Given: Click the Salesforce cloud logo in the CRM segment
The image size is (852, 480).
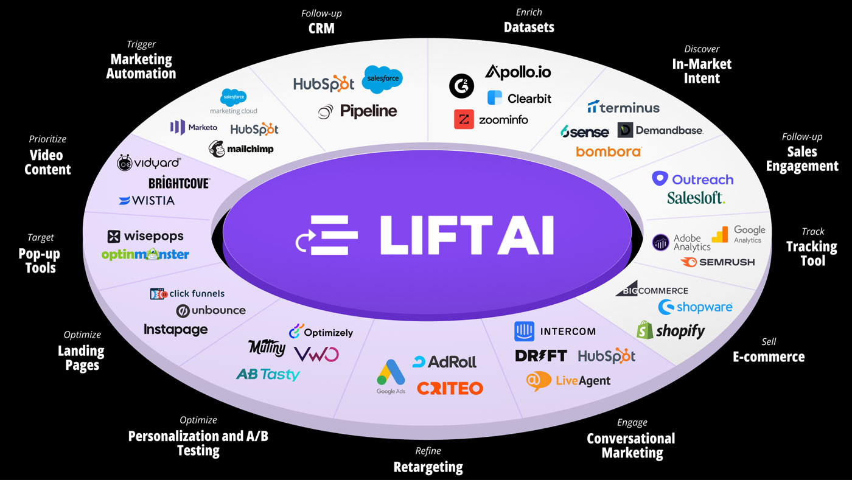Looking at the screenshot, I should click(x=382, y=80).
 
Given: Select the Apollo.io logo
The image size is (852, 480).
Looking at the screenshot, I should click(x=518, y=72).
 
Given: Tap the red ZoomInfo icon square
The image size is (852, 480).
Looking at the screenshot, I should click(x=464, y=119).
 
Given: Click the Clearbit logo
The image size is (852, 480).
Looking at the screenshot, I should click(x=519, y=98).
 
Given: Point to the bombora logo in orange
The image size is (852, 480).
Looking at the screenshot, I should click(x=609, y=151).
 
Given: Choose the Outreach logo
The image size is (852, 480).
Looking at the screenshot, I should click(x=693, y=179).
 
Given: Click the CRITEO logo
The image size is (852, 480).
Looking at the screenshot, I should click(x=450, y=388).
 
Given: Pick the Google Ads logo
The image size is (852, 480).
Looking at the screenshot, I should click(x=391, y=377).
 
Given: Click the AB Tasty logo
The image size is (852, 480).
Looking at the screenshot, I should click(x=268, y=375).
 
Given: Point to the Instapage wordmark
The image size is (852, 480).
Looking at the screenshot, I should click(x=175, y=330).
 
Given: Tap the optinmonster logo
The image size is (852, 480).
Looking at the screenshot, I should click(x=145, y=254).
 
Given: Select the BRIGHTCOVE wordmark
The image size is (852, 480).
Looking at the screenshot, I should click(x=179, y=183).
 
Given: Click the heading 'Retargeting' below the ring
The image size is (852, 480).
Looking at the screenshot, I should click(x=428, y=467).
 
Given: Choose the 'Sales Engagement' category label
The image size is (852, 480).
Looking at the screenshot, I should click(x=801, y=159).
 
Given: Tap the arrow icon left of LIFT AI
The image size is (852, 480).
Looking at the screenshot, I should click(x=304, y=243).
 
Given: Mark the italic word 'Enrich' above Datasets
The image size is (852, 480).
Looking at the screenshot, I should click(x=528, y=12).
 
